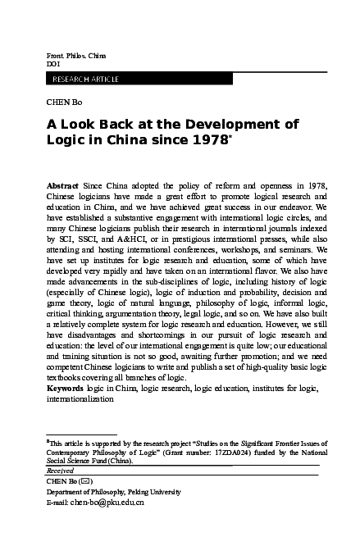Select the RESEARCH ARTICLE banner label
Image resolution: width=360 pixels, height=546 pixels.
(85, 79)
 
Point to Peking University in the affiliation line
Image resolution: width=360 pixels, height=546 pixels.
(151, 491)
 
